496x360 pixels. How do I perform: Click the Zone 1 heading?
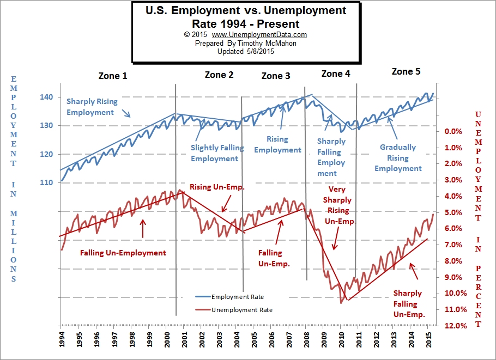coord(112,76)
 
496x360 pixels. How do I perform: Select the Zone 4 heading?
coord(336,74)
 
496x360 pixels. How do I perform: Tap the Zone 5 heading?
coord(406,71)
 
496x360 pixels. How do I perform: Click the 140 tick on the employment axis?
coord(46,97)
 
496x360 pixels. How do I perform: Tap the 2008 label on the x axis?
coord(306,340)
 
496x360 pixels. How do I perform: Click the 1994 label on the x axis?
coord(62,340)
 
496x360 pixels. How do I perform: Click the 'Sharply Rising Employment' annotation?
coord(92,107)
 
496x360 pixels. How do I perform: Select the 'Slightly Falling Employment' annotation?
coord(214,153)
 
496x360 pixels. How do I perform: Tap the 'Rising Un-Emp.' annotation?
coord(217,187)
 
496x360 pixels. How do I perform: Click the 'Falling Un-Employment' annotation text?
coord(123,253)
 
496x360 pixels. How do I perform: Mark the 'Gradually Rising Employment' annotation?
coord(398,157)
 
